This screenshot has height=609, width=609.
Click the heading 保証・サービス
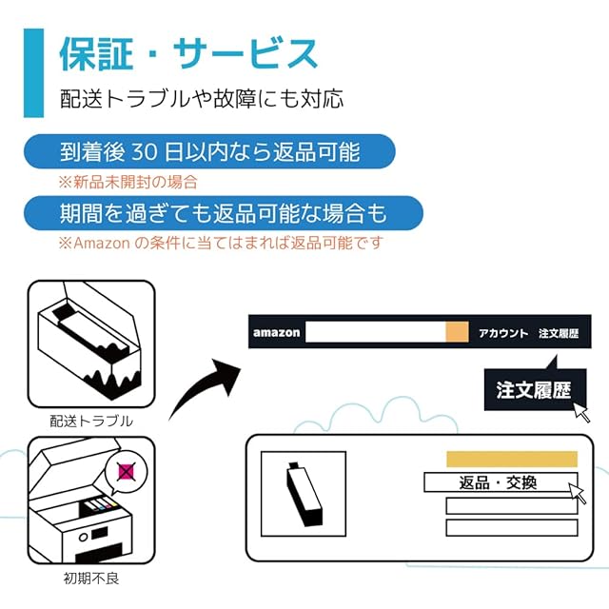click(x=188, y=54)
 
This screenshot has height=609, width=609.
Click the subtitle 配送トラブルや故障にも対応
click(x=201, y=98)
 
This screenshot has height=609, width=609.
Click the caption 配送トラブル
click(x=91, y=420)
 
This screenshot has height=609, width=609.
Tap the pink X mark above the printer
click(x=125, y=470)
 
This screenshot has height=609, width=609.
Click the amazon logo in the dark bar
click(x=276, y=332)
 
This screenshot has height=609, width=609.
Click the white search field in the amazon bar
click(x=375, y=332)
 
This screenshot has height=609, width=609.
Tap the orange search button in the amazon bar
click(x=457, y=332)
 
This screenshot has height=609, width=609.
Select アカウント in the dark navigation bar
click(x=502, y=333)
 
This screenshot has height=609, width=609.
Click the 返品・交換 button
click(x=499, y=482)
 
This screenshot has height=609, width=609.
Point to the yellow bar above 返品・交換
click(x=511, y=459)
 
